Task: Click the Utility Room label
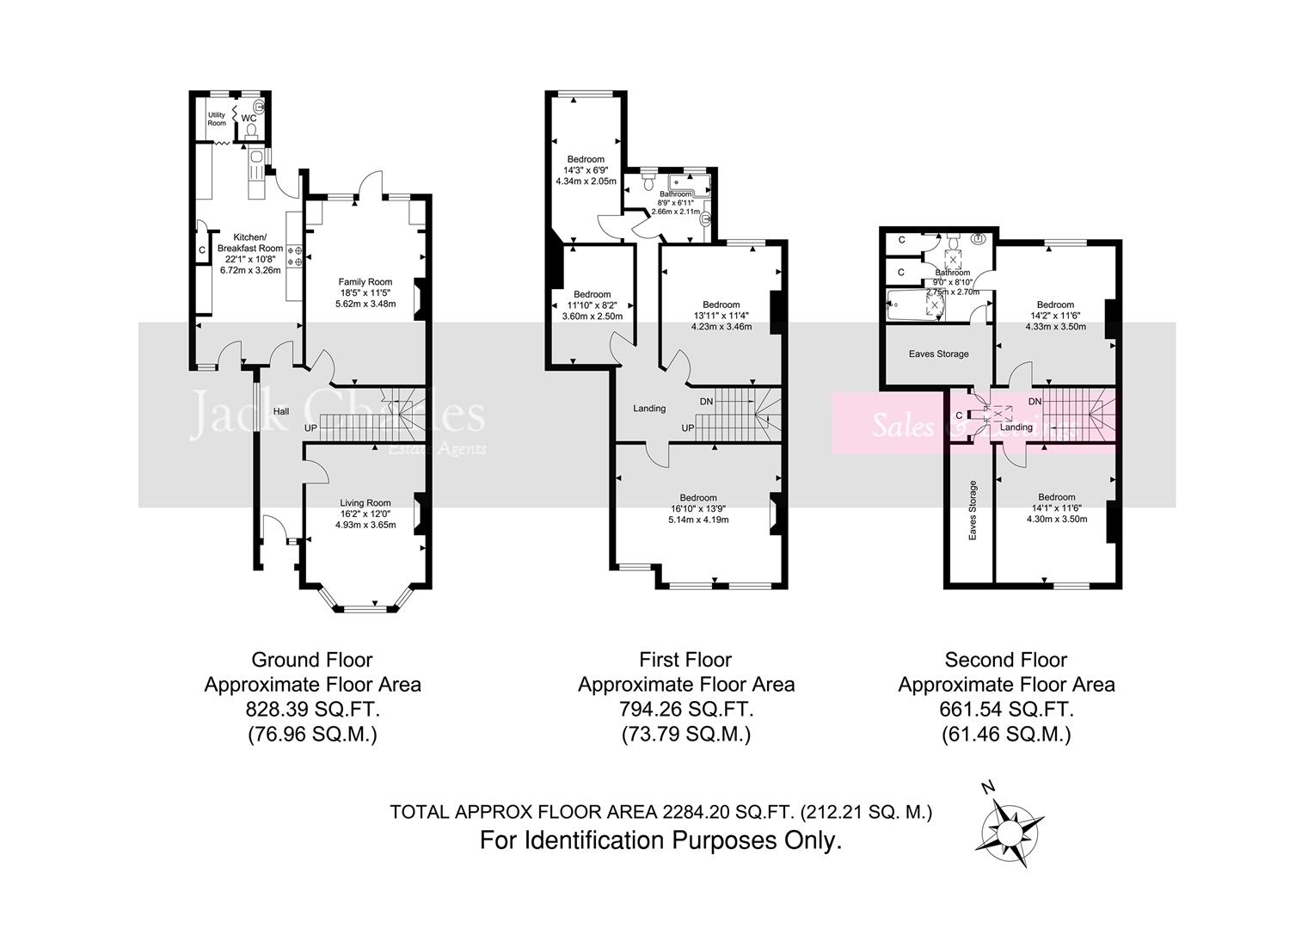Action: (x=217, y=119)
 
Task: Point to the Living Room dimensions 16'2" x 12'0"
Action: (x=365, y=514)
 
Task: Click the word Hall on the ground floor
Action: (x=280, y=412)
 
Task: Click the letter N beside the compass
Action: (x=989, y=787)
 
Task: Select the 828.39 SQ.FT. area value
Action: (x=313, y=710)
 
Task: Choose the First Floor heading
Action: (x=685, y=660)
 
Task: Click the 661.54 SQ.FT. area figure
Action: (x=1006, y=710)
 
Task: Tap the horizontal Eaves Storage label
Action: (x=939, y=354)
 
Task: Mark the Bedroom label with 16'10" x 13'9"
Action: (x=698, y=497)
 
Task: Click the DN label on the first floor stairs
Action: (x=706, y=401)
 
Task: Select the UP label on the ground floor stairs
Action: (x=312, y=428)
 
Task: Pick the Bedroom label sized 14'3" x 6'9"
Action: (x=586, y=159)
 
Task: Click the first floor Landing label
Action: (x=649, y=409)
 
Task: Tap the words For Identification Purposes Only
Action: (x=660, y=840)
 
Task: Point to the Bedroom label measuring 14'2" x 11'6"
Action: (x=1055, y=305)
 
